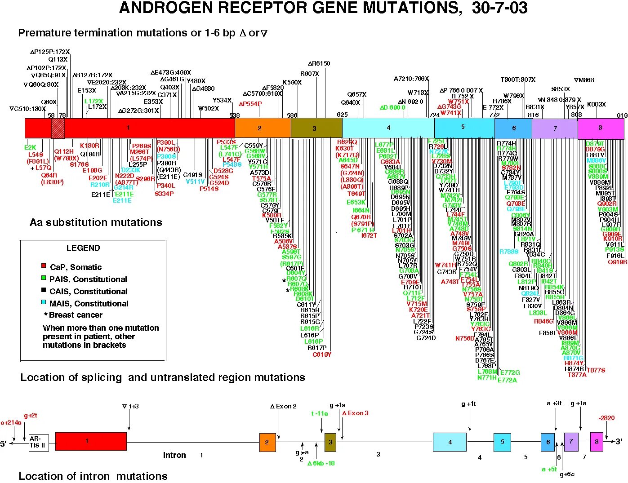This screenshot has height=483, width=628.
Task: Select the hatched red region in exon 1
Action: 58,128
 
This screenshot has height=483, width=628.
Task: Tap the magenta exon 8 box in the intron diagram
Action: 597,442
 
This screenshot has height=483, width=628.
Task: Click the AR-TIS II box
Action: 38,442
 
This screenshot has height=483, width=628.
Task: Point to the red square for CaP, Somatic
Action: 44,266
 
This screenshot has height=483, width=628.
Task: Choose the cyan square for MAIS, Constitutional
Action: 44,303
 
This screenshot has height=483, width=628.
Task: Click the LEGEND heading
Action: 83,248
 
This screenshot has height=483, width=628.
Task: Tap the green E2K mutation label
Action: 30,147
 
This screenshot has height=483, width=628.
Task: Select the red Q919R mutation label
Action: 617,262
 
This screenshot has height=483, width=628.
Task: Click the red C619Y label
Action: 322,354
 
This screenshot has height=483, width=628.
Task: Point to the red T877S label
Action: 596,370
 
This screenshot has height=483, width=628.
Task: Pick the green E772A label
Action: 507,380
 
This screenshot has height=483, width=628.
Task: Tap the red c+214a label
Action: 11,422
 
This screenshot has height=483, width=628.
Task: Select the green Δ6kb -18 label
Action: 321,463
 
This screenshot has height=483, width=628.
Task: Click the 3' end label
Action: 619,442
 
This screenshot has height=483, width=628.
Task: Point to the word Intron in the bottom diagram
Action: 174,455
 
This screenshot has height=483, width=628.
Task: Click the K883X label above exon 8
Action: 596,104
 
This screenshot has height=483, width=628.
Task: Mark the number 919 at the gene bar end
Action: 622,115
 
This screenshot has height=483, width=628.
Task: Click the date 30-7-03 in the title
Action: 499,8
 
